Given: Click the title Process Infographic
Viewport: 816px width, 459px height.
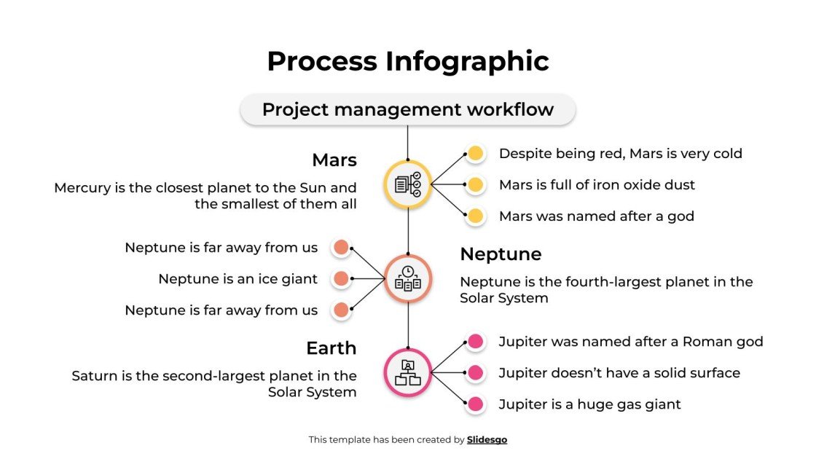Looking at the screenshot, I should point(408,61).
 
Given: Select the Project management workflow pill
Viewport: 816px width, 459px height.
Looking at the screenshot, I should point(408,110).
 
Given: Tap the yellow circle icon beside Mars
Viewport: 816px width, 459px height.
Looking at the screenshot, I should point(408,184).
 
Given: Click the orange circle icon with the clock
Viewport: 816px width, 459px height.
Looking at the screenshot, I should point(408,278).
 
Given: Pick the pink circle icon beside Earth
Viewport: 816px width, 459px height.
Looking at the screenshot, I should point(408,372).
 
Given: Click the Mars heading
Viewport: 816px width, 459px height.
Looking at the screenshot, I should point(334,160).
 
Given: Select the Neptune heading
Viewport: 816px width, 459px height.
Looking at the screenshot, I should point(501,254).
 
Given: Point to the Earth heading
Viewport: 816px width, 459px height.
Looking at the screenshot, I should point(331,348).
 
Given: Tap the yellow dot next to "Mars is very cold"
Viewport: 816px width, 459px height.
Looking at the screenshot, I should point(476,154).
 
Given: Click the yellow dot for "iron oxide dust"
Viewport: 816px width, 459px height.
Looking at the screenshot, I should point(476,185).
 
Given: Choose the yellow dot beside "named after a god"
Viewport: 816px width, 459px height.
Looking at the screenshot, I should point(476,216).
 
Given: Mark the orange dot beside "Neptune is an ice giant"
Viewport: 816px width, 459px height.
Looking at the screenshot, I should point(341,279).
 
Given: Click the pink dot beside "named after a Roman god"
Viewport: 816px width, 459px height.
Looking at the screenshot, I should point(476,341).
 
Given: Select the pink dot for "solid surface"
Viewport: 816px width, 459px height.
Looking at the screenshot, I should point(476,373).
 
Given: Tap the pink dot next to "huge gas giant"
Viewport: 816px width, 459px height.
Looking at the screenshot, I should point(476,404).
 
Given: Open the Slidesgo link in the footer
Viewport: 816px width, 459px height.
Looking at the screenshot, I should point(487,440).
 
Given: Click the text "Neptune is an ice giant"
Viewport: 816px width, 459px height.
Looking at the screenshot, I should point(238,279).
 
